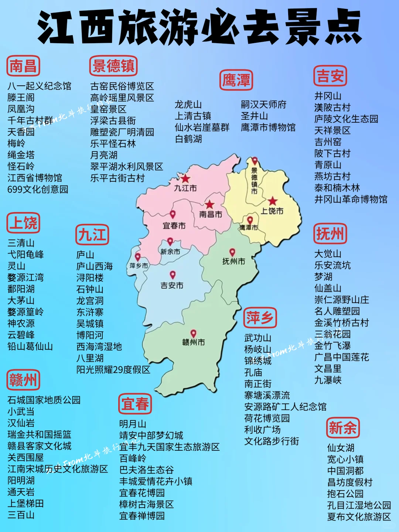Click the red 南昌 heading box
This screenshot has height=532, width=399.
point(23,66)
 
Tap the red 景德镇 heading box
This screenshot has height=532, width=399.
point(113,66)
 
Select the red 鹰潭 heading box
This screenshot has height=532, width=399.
point(236,80)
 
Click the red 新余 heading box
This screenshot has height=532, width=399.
point(343,428)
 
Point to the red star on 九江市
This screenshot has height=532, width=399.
point(185,179)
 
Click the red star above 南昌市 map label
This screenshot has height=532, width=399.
point(210,204)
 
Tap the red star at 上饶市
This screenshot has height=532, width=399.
point(273,201)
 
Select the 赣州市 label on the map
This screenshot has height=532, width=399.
point(193,342)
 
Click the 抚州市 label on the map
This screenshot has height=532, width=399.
point(233,261)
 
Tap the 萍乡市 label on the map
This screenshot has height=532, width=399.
point(139,266)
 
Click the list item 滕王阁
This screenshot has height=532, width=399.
point(21,98)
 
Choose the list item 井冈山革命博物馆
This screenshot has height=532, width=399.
point(351,199)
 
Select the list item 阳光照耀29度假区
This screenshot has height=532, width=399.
point(113,369)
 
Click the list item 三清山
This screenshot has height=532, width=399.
point(21,243)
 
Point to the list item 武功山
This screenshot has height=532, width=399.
point(258,338)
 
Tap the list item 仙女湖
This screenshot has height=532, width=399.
point(341,448)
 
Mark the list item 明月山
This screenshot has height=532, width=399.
point(133,424)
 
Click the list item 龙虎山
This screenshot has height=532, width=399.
point(188,105)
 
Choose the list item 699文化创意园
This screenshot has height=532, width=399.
point(38,190)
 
